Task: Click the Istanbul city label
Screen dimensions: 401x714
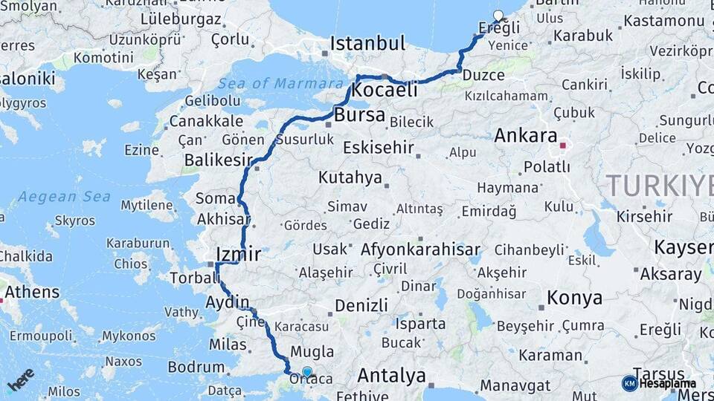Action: point(367,43)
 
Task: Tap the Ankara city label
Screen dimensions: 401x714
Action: point(526,136)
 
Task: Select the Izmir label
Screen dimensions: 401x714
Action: point(238,255)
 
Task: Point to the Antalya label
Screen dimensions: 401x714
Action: point(391,375)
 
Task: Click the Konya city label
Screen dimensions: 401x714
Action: point(574,298)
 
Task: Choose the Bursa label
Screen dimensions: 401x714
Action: point(359,116)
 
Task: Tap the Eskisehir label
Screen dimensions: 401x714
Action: point(378,148)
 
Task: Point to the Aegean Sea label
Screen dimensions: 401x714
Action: point(64,197)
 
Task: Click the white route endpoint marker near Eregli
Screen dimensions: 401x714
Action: point(498,15)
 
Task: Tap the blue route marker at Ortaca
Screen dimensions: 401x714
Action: point(306,371)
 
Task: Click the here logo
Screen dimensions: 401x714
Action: point(21,379)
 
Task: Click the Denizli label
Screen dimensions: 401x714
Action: point(361,305)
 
